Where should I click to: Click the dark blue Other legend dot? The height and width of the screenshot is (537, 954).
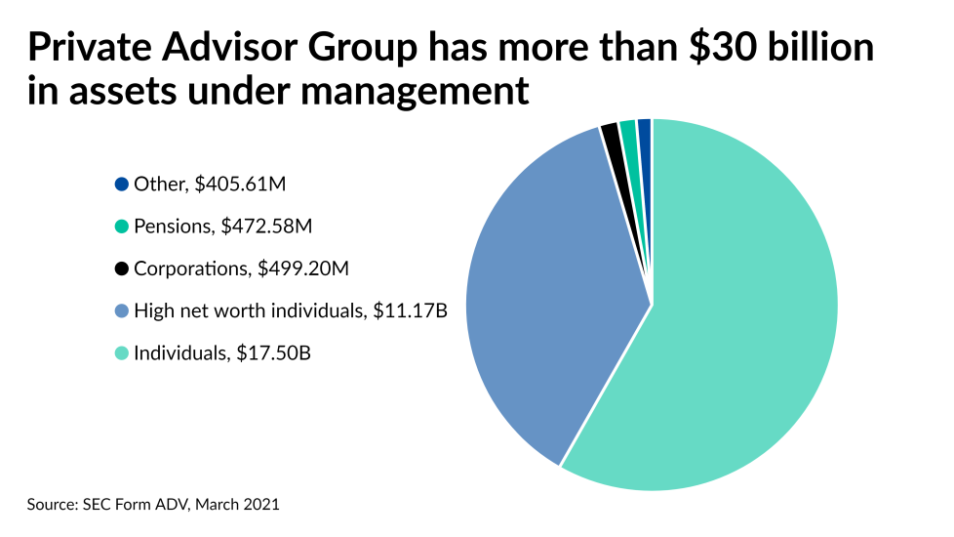click(x=121, y=184)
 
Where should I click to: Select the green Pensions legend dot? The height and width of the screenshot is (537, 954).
click(x=121, y=227)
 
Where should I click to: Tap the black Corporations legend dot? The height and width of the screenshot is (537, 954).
click(x=121, y=268)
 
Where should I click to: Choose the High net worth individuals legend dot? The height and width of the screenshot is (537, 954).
click(x=121, y=311)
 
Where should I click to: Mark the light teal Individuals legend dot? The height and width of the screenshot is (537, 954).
click(x=121, y=353)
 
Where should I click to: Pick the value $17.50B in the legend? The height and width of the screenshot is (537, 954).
click(x=274, y=353)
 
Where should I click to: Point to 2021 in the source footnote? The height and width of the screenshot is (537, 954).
click(x=261, y=505)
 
